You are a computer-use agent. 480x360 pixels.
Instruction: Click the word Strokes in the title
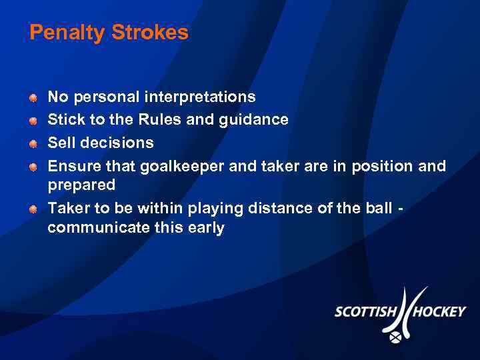tap(151, 33)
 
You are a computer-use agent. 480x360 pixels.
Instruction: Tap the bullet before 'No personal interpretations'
tap(33, 98)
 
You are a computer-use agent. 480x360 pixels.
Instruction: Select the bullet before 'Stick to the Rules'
tap(33, 121)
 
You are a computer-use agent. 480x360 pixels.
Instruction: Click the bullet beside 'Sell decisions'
tap(33, 143)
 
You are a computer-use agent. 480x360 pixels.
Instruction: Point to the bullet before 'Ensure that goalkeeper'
tap(33, 167)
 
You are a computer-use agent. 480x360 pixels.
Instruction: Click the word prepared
tap(81, 185)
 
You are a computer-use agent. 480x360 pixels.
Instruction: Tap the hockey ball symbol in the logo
tap(395, 338)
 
